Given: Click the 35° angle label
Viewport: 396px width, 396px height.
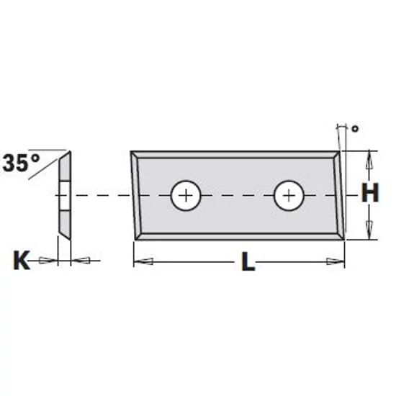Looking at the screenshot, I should (x=21, y=163).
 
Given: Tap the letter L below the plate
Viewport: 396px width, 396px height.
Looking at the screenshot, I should (x=248, y=263).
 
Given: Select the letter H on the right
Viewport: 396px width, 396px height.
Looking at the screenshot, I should (x=369, y=193).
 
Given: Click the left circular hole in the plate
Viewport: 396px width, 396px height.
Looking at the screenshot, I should (x=186, y=194).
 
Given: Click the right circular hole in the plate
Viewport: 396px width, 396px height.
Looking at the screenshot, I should (x=289, y=194).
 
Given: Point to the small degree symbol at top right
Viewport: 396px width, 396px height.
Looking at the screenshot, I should (x=354, y=129).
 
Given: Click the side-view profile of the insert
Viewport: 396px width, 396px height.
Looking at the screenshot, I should (x=65, y=194).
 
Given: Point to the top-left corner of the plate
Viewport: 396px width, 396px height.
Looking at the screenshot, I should (x=132, y=152).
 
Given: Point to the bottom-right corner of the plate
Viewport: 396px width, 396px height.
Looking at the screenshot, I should (x=345, y=240).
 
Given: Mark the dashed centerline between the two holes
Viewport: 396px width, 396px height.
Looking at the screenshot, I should (x=238, y=194).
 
